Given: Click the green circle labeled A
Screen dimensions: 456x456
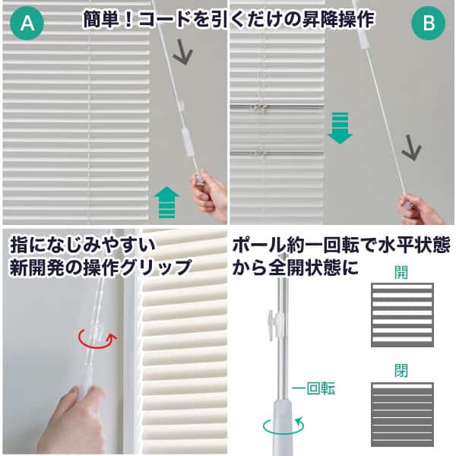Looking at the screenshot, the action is point(27,23).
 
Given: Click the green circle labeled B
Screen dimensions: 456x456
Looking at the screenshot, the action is point(429,23).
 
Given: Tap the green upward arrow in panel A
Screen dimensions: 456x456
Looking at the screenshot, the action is point(166,202).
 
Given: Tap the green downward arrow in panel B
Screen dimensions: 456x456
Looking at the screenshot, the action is point(340,128).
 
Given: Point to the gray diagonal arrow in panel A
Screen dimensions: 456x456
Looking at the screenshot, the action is point(182,52).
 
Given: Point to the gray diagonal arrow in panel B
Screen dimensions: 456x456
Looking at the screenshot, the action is point(411,148).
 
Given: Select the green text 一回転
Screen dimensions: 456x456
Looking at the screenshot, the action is point(313,388).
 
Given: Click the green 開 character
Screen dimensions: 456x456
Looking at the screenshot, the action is point(401,272).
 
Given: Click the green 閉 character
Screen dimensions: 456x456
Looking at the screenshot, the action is point(401,371).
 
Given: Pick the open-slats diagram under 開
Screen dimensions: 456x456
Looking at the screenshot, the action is point(402,315).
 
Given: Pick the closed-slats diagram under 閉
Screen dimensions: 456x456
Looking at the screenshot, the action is point(402,414).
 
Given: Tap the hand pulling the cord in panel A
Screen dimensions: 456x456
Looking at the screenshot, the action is point(211,195).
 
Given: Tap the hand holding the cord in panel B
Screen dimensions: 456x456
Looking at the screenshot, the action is point(422,210).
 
